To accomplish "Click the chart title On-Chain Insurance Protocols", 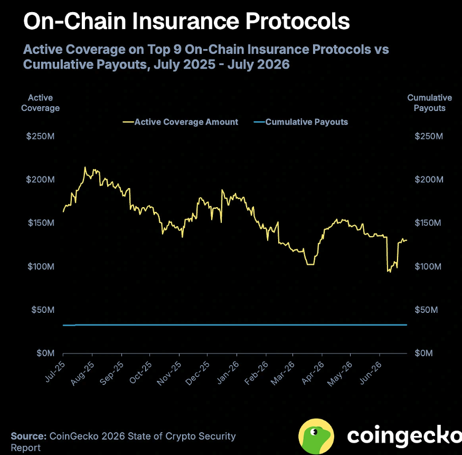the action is pos(186,21).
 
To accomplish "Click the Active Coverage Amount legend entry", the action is pos(181,122).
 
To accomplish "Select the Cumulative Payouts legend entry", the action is pos(301,122).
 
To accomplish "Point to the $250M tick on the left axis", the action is pos(40,136).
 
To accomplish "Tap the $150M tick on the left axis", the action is pos(41,222).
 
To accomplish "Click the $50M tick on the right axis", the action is pos(426,310).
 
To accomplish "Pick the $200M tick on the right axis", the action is pos(429,179).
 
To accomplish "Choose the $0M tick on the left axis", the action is pos(45,353).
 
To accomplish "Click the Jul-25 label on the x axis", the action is pos(55,372).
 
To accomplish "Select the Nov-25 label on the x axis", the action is pos(169,374).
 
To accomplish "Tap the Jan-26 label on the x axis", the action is pos(228,373).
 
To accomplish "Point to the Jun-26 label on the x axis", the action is pos(370,373).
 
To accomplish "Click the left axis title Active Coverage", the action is pos(40,103).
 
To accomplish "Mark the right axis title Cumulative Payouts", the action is pos(430,103).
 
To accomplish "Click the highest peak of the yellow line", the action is pos(85,168).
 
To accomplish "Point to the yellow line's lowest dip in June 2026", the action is pos(390,272).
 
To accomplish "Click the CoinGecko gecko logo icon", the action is pos(316,436).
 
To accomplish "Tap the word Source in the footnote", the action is pos(29,436).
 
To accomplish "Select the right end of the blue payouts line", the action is pos(407,325).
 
